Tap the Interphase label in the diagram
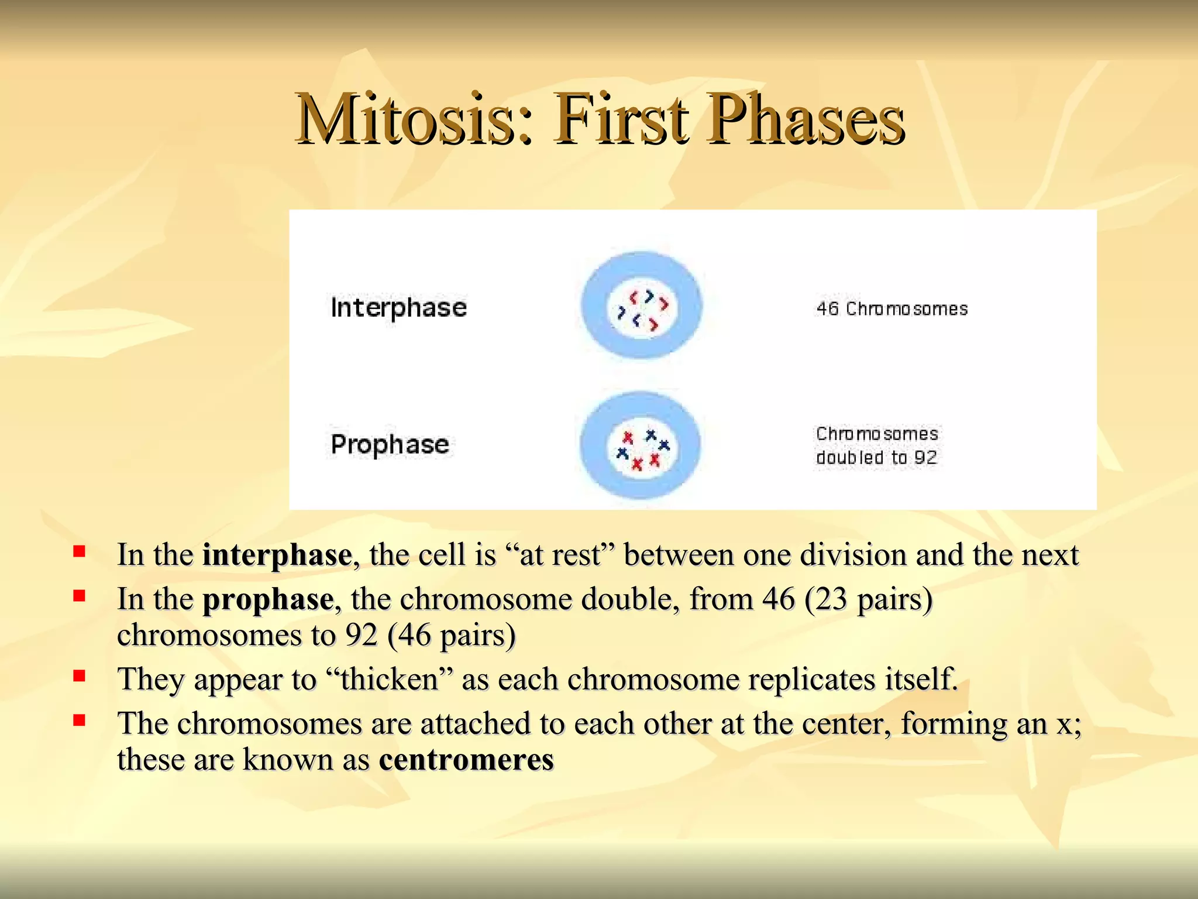pyautogui.click(x=398, y=308)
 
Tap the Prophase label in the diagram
pyautogui.click(x=390, y=445)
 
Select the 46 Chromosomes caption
pyautogui.click(x=891, y=309)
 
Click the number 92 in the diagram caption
pyautogui.click(x=925, y=458)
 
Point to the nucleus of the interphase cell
pyautogui.click(x=642, y=306)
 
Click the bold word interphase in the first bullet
pyautogui.click(x=277, y=555)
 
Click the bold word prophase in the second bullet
pyautogui.click(x=268, y=599)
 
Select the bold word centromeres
pyautogui.click(x=466, y=760)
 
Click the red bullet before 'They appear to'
pyautogui.click(x=80, y=676)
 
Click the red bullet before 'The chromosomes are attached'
pyautogui.click(x=80, y=720)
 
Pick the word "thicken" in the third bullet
pyautogui.click(x=388, y=680)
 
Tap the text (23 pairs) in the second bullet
pyautogui.click(x=868, y=599)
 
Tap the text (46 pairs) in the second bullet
pyautogui.click(x=451, y=636)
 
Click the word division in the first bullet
pyautogui.click(x=853, y=555)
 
